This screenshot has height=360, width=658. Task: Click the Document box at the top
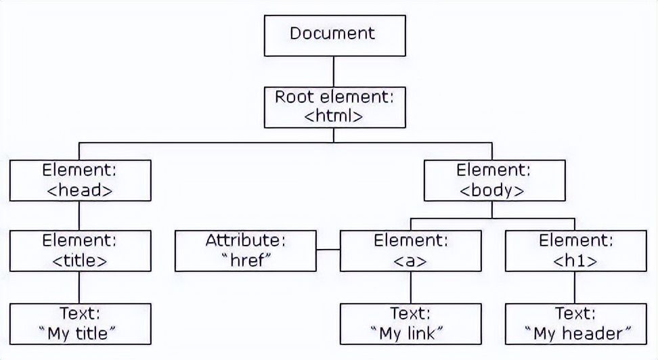(x=334, y=35)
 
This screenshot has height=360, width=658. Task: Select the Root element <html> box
(x=334, y=106)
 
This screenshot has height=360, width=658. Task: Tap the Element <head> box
(x=80, y=180)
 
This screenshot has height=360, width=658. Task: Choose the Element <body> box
(x=494, y=180)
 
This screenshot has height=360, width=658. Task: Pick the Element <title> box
(x=80, y=250)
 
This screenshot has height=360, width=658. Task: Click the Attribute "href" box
(x=246, y=250)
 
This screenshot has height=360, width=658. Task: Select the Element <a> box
(x=410, y=250)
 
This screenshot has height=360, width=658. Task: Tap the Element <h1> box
(x=575, y=250)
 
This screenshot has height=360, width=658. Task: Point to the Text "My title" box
(x=80, y=323)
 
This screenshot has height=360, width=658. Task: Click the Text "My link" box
(x=410, y=323)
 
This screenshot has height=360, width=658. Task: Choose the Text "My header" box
(x=575, y=323)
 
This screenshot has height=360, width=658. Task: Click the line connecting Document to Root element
(x=334, y=70)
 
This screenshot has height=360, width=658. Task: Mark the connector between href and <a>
(x=328, y=250)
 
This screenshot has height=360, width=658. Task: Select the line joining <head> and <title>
(x=80, y=215)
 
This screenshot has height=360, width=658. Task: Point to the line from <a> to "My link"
(x=410, y=287)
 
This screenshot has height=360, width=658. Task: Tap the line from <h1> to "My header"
(x=575, y=287)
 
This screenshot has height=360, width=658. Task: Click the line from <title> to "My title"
(x=80, y=287)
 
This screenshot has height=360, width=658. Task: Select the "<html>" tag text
(x=334, y=116)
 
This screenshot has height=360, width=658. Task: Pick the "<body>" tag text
(x=492, y=190)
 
